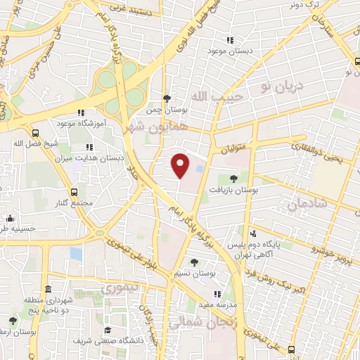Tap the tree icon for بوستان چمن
(166, 98)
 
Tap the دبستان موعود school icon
(228, 40)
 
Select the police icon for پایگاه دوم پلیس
(252, 233)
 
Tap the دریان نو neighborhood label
(281, 86)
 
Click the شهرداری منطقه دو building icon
(48, 290)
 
